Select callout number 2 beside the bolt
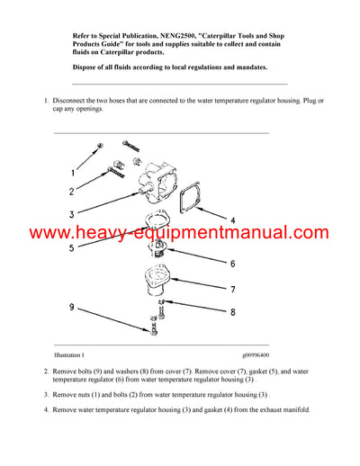(x=71, y=191)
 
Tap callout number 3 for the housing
(x=71, y=214)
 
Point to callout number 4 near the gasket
(x=232, y=220)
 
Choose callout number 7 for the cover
(x=231, y=290)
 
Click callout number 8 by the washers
(x=231, y=312)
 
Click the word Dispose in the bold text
(x=87, y=67)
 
